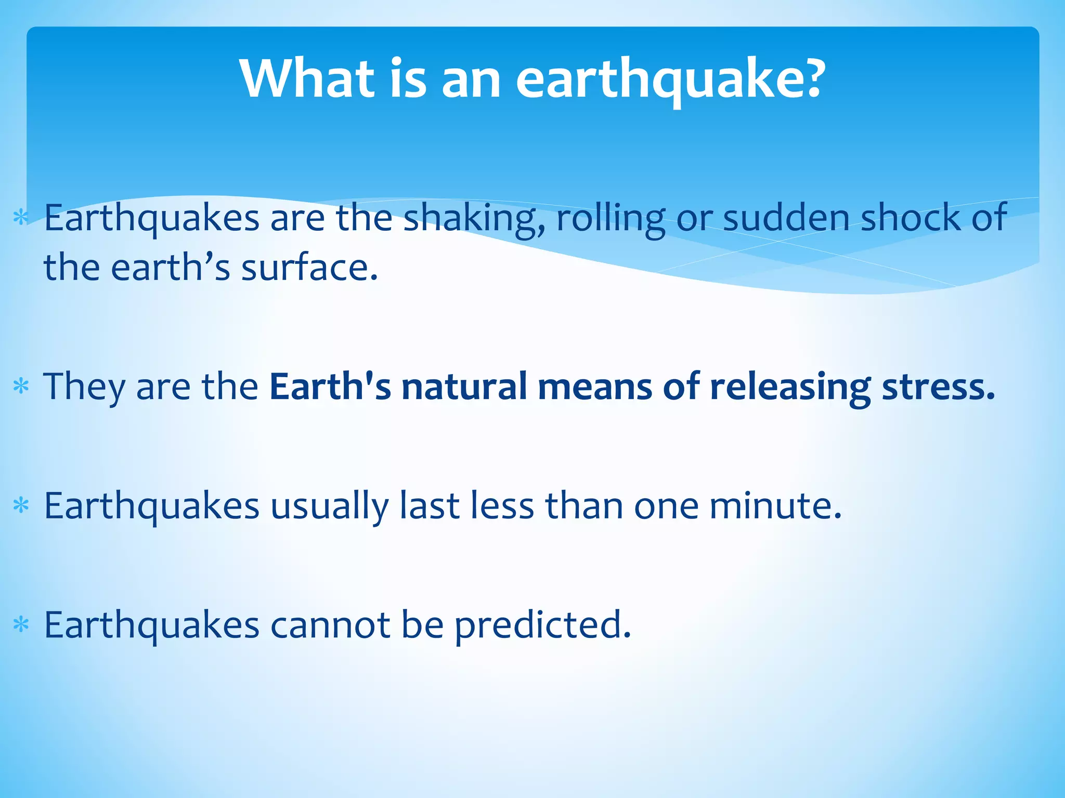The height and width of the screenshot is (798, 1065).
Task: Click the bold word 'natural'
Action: click(464, 387)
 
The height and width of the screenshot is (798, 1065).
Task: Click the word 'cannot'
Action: click(330, 625)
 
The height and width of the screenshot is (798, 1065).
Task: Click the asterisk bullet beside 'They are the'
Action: click(21, 387)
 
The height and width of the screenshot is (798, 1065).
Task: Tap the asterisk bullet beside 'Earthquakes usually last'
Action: click(21, 505)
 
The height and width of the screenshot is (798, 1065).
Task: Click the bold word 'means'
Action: click(594, 387)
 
